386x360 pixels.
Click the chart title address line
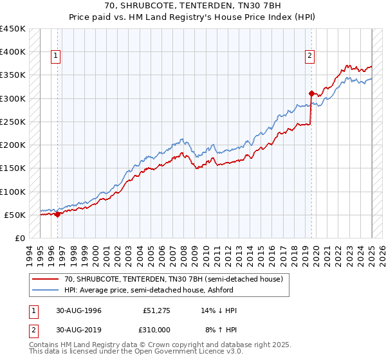(x=192, y=5)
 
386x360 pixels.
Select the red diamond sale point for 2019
(x=311, y=93)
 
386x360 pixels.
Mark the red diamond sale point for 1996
(x=57, y=214)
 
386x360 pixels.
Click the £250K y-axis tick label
(x=13, y=122)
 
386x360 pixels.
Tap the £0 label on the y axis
(x=19, y=238)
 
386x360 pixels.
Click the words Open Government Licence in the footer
(x=184, y=352)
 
